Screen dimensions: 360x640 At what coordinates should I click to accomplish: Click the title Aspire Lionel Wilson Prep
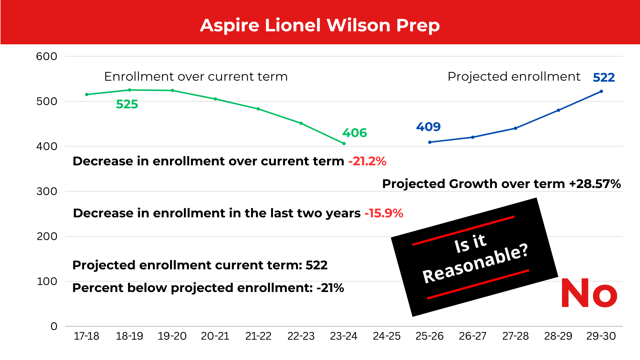320,25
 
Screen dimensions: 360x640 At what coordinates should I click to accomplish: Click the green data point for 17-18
87,95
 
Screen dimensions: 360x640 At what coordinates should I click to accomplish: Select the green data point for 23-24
344,144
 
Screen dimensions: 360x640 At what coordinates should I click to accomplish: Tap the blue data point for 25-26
430,142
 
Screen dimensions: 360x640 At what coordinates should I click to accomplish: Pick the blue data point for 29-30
601,91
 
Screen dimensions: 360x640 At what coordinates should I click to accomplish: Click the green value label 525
127,104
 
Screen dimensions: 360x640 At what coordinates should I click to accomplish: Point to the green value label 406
354,133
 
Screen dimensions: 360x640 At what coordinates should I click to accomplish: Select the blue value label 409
428,127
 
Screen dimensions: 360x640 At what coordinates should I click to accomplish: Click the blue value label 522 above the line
604,78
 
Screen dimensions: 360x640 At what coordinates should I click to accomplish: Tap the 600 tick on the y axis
47,56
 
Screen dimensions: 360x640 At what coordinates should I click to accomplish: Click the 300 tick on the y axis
47,191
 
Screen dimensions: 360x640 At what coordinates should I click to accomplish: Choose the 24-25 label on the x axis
387,336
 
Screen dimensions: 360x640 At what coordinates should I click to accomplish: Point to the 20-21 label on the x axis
215,336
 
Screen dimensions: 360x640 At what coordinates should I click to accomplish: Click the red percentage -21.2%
367,161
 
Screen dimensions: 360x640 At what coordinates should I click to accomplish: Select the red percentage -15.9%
384,213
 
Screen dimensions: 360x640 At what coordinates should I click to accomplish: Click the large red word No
589,294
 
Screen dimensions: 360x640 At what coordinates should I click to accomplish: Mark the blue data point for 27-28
516,128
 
